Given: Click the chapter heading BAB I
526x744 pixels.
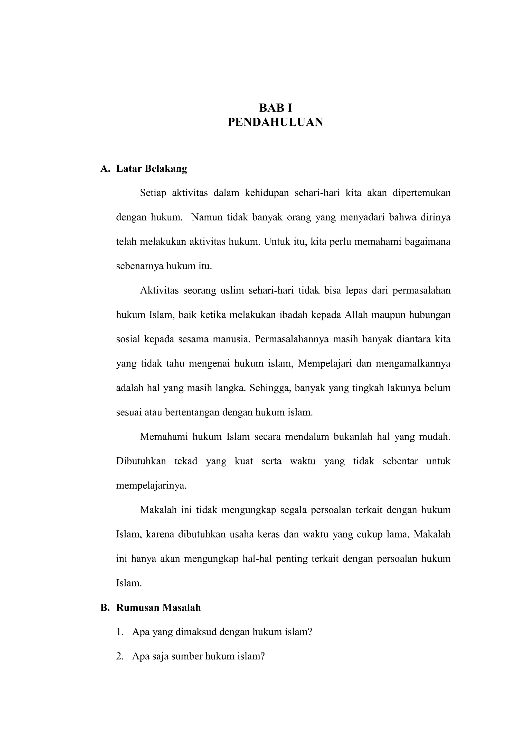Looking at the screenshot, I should click(x=275, y=108).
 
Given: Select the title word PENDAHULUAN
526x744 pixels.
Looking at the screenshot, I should click(x=275, y=122).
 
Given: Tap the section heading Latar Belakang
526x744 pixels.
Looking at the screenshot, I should click(x=152, y=169).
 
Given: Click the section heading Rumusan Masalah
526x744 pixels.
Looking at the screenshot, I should click(x=158, y=607).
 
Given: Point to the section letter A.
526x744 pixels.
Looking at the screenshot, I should click(x=105, y=169).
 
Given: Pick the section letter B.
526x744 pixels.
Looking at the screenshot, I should click(x=104, y=607).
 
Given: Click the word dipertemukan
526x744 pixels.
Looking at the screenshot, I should click(x=421, y=193).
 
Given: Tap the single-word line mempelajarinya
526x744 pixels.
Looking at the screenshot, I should click(x=151, y=486).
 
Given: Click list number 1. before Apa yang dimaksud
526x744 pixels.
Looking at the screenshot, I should click(x=120, y=632).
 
